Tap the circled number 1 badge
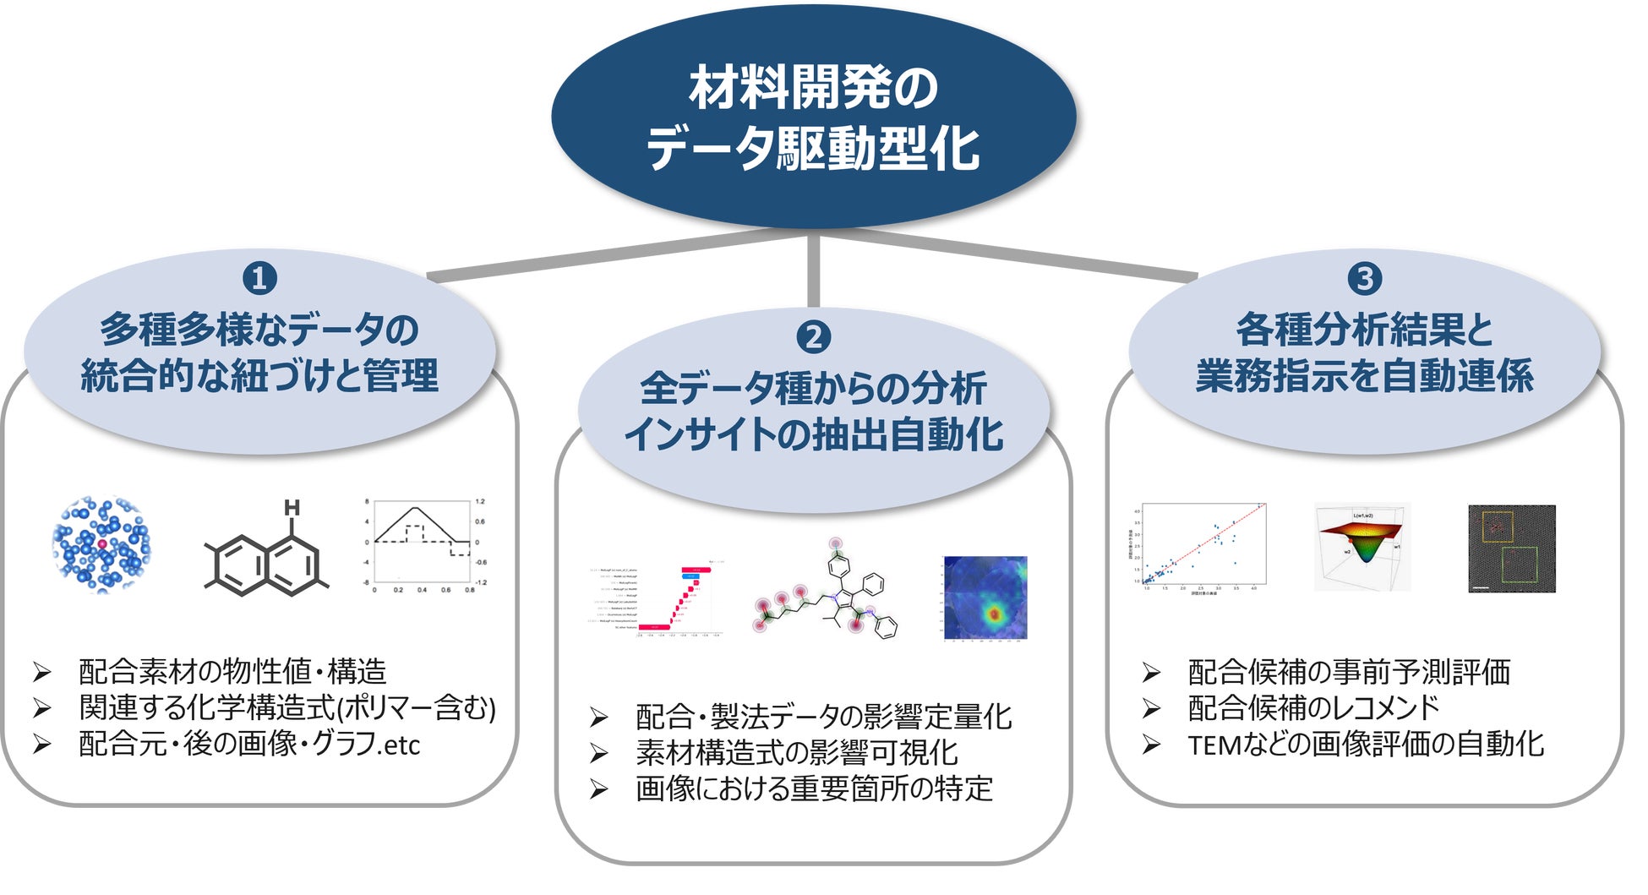point(259,278)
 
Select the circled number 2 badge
point(813,337)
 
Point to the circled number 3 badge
point(1364,278)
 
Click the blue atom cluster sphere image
point(101,545)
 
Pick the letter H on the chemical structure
point(292,508)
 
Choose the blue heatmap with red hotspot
point(985,598)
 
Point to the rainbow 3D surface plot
point(1362,545)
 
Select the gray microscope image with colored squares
point(1511,548)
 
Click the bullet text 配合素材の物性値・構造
point(232,672)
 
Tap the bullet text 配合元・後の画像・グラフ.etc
point(249,744)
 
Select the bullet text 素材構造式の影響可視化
point(796,752)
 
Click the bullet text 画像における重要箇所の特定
point(814,789)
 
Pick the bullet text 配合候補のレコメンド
point(1313,707)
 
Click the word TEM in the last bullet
point(1214,745)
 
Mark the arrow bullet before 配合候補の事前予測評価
point(1150,673)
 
